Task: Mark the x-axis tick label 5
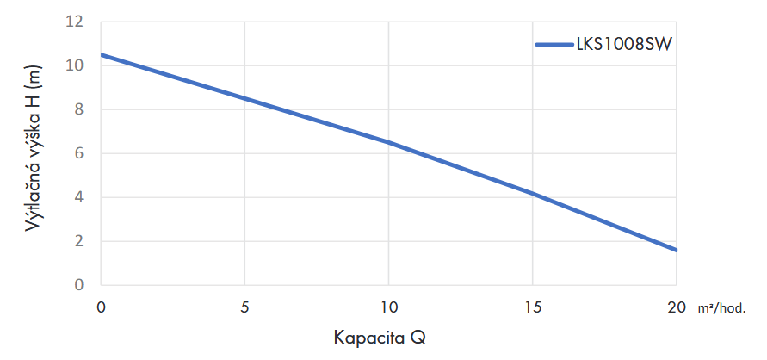[x=245, y=307]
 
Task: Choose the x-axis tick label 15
[x=533, y=307]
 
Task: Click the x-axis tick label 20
[x=677, y=307]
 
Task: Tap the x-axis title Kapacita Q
[x=380, y=337]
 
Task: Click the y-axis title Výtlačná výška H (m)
[x=35, y=152]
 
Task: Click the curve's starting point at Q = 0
[x=102, y=54]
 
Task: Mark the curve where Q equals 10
[x=389, y=142]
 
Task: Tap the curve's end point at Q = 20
[x=677, y=250]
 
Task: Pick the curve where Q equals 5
[x=245, y=98]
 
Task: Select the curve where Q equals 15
[x=533, y=193]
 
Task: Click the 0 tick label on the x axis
[x=102, y=307]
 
